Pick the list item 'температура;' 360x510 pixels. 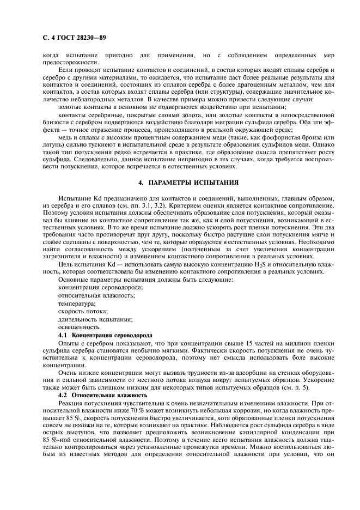77,303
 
